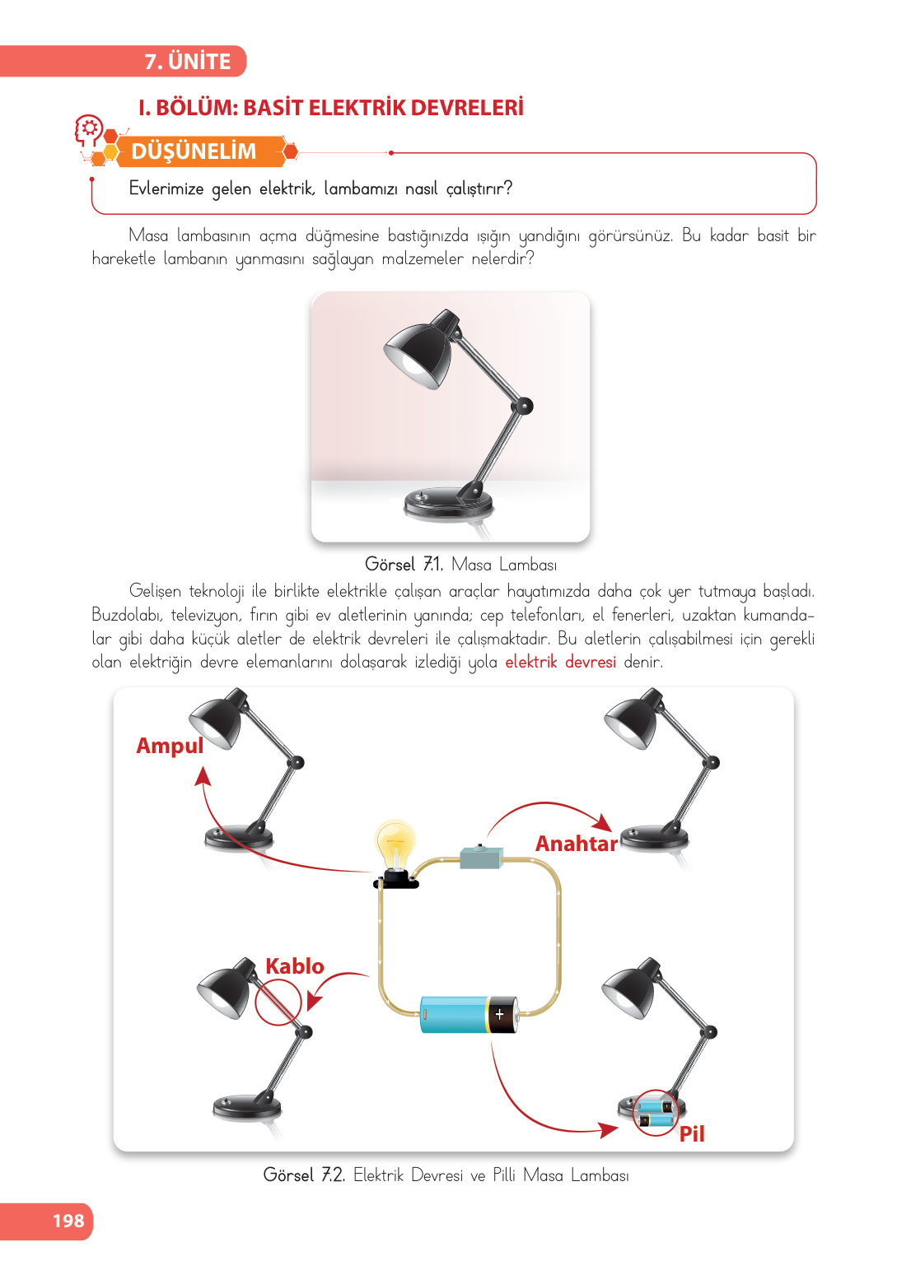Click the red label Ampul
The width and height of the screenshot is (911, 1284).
tap(170, 745)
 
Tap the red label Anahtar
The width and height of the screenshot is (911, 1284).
tap(576, 843)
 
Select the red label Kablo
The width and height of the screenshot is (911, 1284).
tap(294, 965)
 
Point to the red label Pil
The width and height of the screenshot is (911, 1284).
tap(691, 1134)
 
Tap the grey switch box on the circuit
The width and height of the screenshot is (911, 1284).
tap(481, 857)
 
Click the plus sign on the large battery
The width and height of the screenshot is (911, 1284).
tap(500, 1014)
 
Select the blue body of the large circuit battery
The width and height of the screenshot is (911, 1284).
tap(454, 1014)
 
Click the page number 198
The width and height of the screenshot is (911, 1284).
tap(68, 1221)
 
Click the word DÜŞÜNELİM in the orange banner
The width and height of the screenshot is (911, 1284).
tap(194, 151)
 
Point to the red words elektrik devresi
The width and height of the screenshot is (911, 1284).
tap(560, 662)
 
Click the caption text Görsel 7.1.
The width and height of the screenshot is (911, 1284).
tap(404, 565)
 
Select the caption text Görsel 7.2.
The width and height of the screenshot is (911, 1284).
tap(304, 1175)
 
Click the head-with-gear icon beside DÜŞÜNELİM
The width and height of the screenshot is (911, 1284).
tap(89, 130)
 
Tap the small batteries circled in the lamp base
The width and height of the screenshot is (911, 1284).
tap(656, 1112)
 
